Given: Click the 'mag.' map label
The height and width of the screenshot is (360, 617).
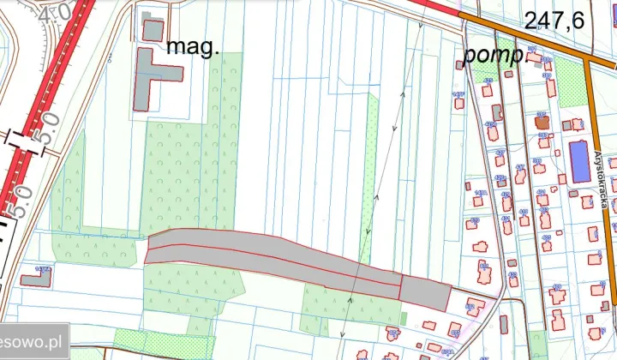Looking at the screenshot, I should coord(192,46).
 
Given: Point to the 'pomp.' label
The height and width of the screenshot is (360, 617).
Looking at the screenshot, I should coord(492,55).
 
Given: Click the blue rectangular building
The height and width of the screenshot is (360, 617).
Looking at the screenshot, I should coord(580,161).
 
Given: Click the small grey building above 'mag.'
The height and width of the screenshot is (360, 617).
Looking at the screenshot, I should coord(153,29).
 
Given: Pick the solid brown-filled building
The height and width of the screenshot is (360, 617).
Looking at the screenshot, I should coord(542,123).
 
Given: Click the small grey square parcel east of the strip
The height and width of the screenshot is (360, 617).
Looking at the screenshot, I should coord(425,293).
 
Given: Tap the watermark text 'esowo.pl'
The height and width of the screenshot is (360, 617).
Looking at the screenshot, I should coord(33,340).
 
